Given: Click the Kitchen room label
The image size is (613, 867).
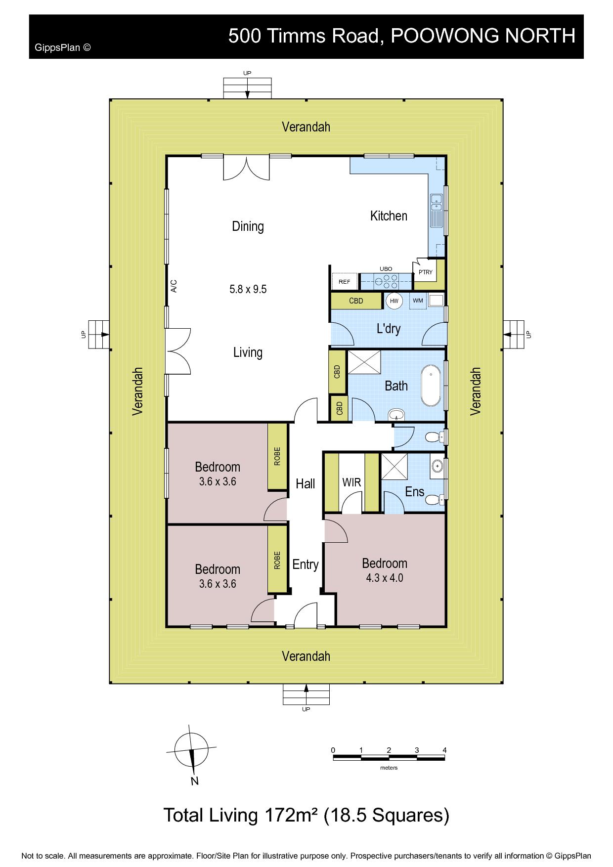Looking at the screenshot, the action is click(x=389, y=216).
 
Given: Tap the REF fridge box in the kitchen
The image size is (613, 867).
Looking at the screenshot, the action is click(x=345, y=281).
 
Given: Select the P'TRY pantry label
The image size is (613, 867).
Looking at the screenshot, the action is click(x=425, y=272).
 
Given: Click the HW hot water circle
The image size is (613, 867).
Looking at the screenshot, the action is click(x=394, y=301).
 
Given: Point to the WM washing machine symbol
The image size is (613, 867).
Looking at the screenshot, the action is click(x=418, y=301).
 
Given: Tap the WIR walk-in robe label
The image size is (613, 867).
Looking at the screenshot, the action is click(x=351, y=482).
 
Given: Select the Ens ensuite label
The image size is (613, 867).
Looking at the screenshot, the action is click(x=414, y=491).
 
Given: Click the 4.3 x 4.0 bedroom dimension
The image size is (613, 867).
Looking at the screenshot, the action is click(x=385, y=577).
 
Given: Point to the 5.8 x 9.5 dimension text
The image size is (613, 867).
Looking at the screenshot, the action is click(x=248, y=289).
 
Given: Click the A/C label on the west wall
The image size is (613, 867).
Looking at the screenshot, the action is click(x=174, y=286).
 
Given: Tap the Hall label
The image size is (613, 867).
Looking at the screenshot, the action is click(x=305, y=483).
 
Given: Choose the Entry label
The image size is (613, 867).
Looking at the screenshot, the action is click(x=305, y=564).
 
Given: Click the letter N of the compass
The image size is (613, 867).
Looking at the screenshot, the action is click(x=195, y=781).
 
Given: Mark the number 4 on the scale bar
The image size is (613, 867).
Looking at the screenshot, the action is click(x=444, y=750).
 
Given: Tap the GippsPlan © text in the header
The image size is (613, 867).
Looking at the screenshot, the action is click(x=63, y=48).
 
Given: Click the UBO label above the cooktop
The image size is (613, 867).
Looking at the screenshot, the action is click(x=386, y=269).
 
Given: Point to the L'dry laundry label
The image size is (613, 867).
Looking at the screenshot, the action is click(x=389, y=329).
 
